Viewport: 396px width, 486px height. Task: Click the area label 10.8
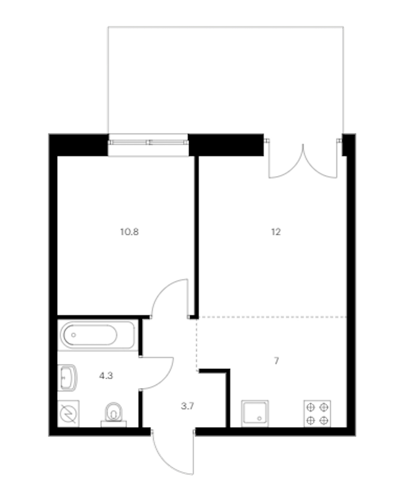pyautogui.click(x=129, y=232)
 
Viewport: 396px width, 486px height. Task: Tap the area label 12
pyautogui.click(x=276, y=232)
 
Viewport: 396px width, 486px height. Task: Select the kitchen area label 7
pyautogui.click(x=277, y=361)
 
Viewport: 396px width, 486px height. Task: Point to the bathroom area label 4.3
pyautogui.click(x=106, y=376)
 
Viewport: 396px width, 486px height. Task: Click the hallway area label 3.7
pyautogui.click(x=188, y=406)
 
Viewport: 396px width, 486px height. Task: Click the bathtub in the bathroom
pyautogui.click(x=98, y=335)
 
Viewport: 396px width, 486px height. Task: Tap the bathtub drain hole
pyautogui.click(x=74, y=335)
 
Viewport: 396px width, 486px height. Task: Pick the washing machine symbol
pyautogui.click(x=68, y=414)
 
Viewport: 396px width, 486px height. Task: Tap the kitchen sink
pyautogui.click(x=255, y=414)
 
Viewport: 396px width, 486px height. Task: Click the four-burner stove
pyautogui.click(x=317, y=414)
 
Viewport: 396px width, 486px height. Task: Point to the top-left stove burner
pyautogui.click(x=311, y=407)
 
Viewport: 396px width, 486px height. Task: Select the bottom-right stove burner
pyautogui.click(x=324, y=421)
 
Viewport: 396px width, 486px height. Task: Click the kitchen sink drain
pyautogui.click(x=259, y=419)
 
